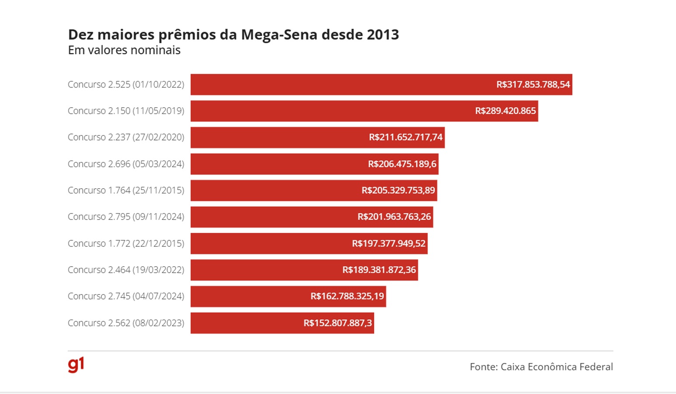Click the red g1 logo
pos(76,365)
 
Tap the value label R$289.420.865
pos(505,111)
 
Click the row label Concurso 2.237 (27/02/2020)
pos(126,137)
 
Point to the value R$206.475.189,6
pos(402,164)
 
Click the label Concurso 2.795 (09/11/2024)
pos(126,217)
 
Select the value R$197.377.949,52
pos(388,243)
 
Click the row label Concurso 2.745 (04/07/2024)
pos(126,296)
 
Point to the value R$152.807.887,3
pos(338,323)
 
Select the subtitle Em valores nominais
pos(124,50)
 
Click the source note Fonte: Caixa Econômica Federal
pos(541,367)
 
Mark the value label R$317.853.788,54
pos(533,84)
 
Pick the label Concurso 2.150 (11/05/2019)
pos(126,111)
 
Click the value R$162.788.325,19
pos(347,296)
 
